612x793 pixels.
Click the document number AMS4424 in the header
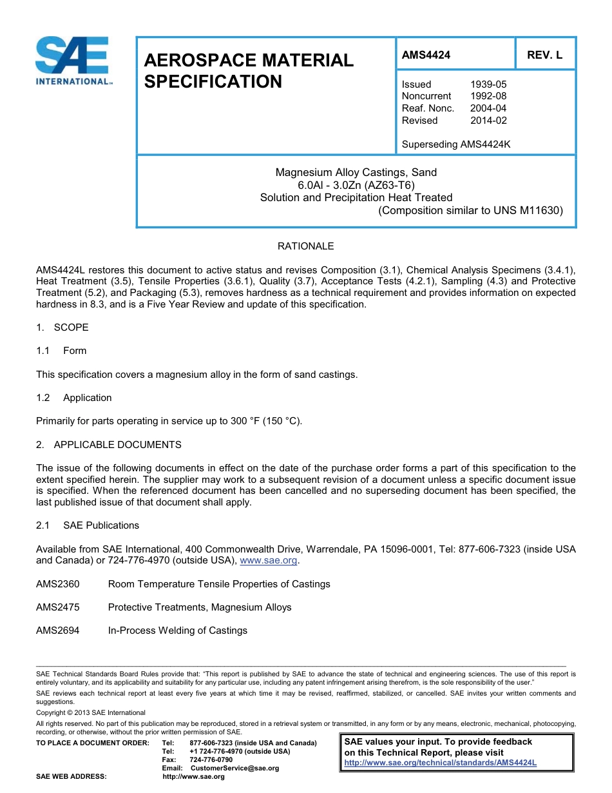coord(426,55)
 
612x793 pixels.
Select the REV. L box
coord(544,55)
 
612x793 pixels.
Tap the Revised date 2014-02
coord(488,121)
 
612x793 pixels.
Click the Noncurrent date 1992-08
coord(488,96)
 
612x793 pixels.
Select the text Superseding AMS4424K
coord(455,144)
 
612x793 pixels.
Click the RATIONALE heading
coord(305,246)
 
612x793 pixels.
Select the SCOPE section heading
coord(71,328)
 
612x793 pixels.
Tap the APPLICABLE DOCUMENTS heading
coord(117,445)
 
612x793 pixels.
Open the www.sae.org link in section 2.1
coord(268,561)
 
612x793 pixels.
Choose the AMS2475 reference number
coord(58,607)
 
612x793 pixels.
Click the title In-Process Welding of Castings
coord(177,631)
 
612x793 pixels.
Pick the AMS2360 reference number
coord(58,584)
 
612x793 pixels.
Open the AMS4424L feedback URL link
coord(440,763)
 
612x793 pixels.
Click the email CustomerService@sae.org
coord(234,768)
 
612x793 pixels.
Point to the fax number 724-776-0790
coord(211,759)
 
